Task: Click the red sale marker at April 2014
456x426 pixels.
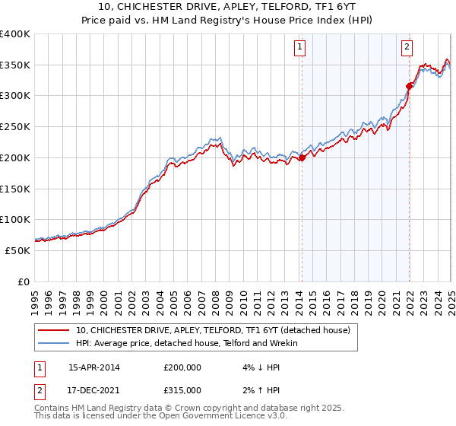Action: (x=302, y=157)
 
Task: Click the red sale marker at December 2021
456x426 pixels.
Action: (x=410, y=85)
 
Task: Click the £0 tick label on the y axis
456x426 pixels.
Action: (x=24, y=281)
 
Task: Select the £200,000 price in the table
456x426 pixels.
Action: (x=182, y=367)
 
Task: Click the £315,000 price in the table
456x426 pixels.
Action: (x=182, y=389)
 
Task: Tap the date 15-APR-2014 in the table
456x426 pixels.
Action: (x=93, y=367)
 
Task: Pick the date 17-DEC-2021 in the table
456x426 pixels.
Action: (x=93, y=389)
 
